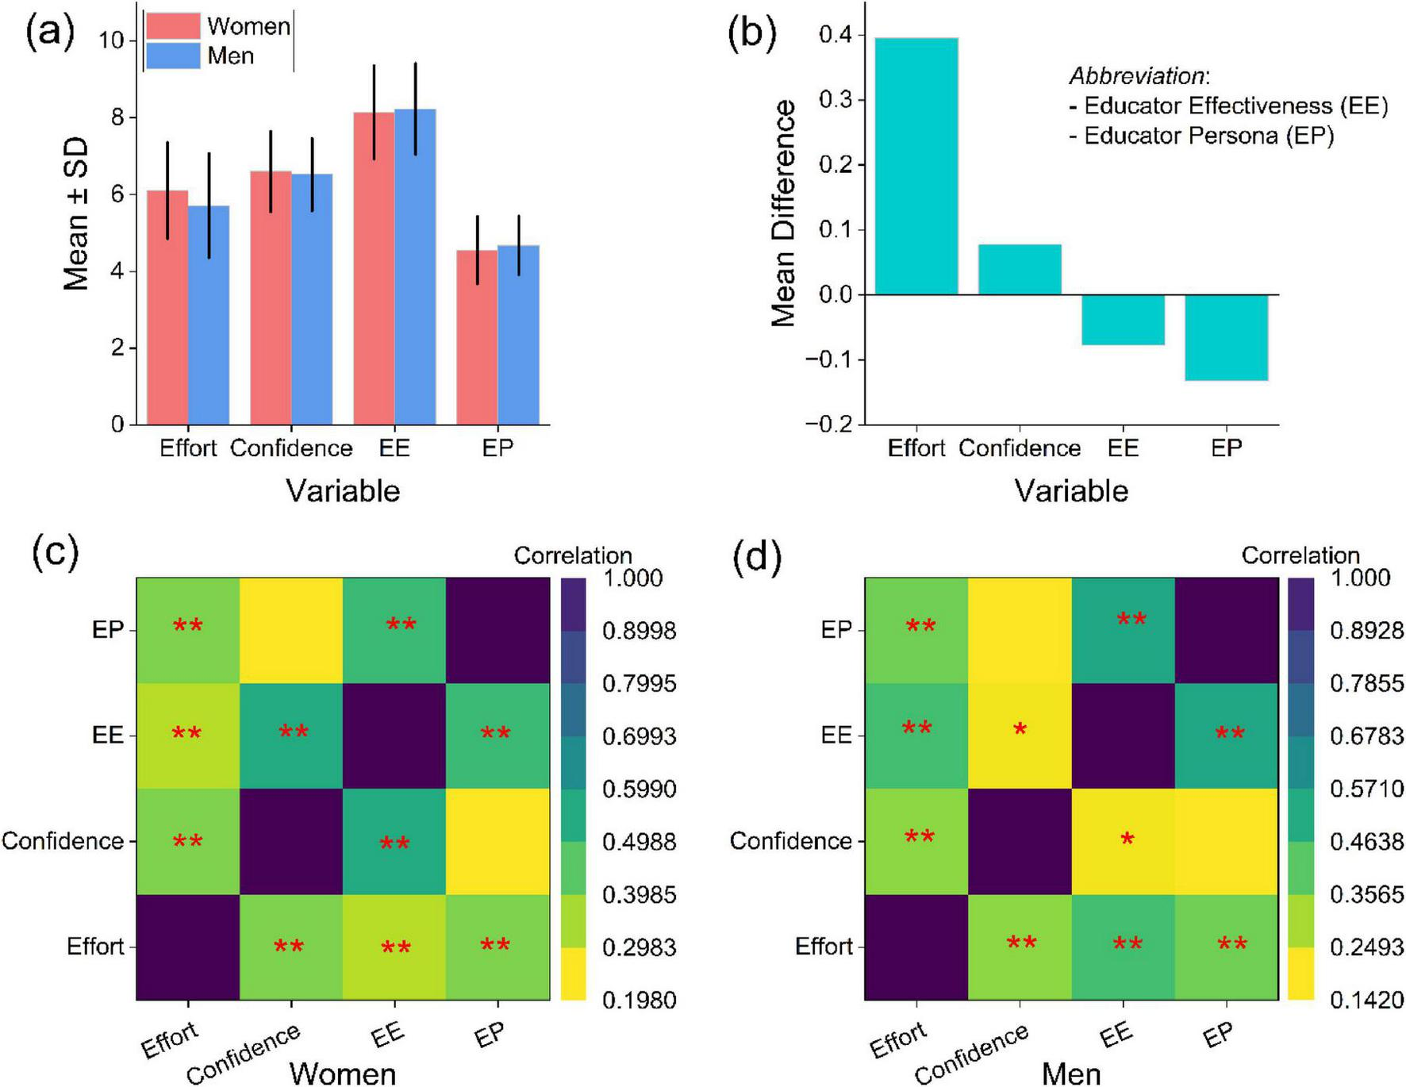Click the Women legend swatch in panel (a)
[172, 26]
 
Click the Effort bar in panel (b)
[916, 167]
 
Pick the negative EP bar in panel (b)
[1226, 337]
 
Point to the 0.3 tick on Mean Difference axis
[835, 100]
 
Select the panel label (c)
[55, 553]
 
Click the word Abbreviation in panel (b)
[1136, 76]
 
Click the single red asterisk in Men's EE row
[1020, 730]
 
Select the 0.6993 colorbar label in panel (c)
[639, 736]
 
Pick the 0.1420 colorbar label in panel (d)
[1366, 1001]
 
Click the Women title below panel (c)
[342, 1073]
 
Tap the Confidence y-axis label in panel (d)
[790, 841]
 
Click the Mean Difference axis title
[784, 213]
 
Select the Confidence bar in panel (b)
[1019, 270]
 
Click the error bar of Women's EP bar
[477, 249]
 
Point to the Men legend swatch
[172, 56]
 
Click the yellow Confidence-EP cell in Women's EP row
[291, 630]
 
